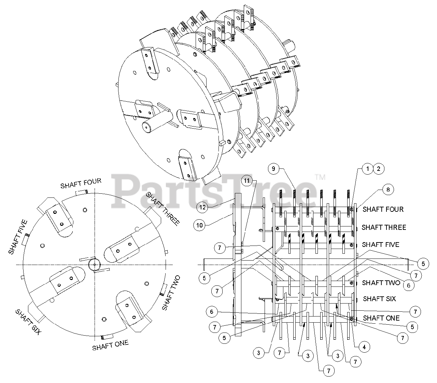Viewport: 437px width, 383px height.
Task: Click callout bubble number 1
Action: pyautogui.click(x=367, y=168)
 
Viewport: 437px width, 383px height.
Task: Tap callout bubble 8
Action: pyautogui.click(x=388, y=190)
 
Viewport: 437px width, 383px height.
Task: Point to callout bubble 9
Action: pyautogui.click(x=273, y=168)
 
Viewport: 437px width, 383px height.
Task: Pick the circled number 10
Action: pyautogui.click(x=199, y=225)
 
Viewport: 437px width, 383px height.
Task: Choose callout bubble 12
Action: pyautogui.click(x=202, y=206)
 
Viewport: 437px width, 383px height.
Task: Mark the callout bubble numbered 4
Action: pyautogui.click(x=364, y=347)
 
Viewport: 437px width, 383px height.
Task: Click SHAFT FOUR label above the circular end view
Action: pyautogui.click(x=81, y=183)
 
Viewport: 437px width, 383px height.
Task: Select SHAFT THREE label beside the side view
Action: pyautogui.click(x=384, y=227)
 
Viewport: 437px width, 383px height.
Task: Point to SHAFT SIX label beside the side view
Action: pyautogui.click(x=379, y=299)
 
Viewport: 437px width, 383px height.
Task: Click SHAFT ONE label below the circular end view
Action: pyautogui.click(x=110, y=345)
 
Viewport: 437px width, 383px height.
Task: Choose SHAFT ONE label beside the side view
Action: pyautogui.click(x=381, y=318)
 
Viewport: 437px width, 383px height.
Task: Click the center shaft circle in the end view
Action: pyautogui.click(x=93, y=264)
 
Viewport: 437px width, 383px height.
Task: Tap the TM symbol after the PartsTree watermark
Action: pyautogui.click(x=320, y=177)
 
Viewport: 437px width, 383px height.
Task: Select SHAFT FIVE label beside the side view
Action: pyautogui.click(x=380, y=245)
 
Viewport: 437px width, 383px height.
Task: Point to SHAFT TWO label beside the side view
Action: pyautogui.click(x=381, y=283)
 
